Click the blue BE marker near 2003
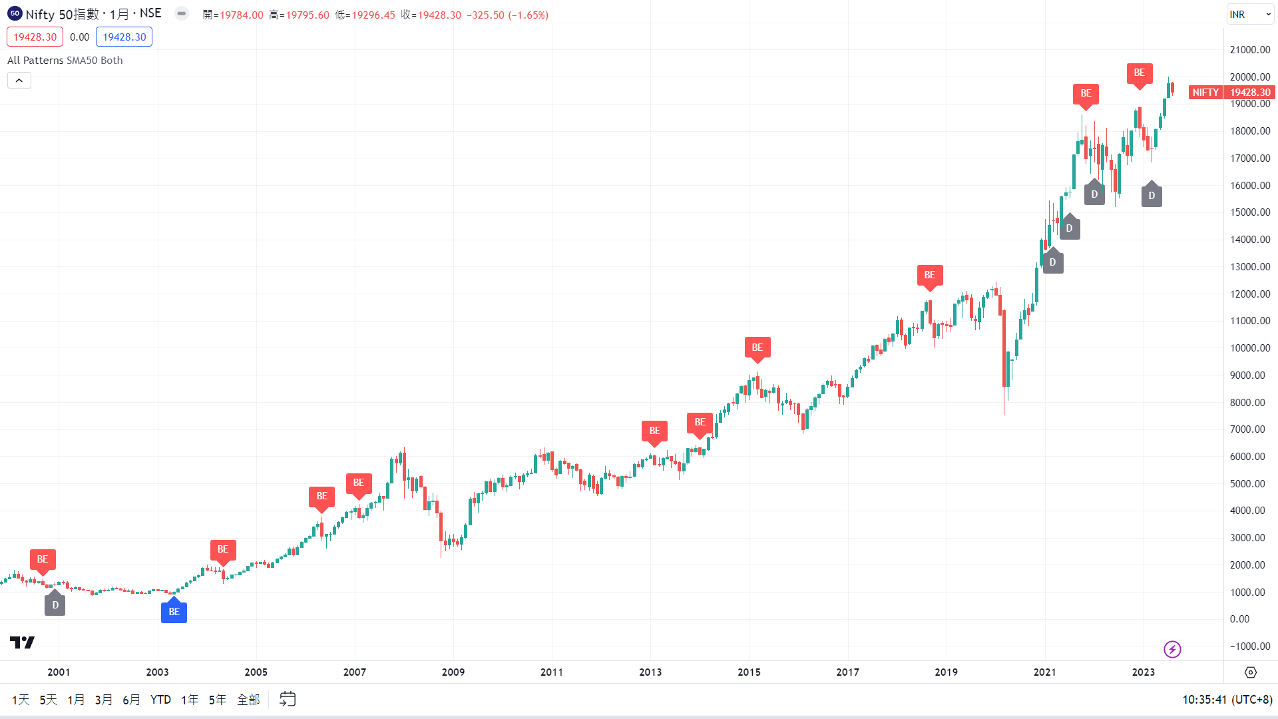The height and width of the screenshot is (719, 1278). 174,612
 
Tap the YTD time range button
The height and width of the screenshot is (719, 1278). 160,700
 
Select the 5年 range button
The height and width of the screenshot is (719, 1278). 217,700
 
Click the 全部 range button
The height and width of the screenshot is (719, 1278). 248,700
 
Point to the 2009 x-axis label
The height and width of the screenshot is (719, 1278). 453,672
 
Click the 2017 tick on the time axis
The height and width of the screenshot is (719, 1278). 847,672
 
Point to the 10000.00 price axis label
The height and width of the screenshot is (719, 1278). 1250,348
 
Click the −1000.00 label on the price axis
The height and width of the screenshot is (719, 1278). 1250,646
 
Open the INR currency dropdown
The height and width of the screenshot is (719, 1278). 1249,15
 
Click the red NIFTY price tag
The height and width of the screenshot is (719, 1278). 1205,93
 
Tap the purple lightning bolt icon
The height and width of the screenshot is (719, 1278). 1172,649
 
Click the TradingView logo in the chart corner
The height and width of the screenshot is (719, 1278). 22,642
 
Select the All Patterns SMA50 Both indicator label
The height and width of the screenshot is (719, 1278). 65,61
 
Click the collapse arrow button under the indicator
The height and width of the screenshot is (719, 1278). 19,81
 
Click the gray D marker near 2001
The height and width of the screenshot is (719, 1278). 55,604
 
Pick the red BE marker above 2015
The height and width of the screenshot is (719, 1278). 757,347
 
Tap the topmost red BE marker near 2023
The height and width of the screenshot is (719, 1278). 1139,73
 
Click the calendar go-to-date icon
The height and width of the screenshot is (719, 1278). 288,699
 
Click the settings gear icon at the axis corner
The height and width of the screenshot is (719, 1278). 1251,672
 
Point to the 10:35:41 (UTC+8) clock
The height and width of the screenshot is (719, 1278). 1227,700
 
